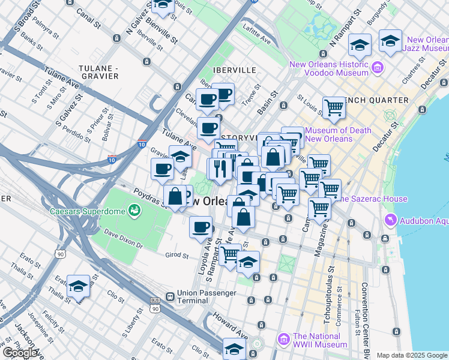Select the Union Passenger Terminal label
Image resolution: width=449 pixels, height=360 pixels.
click(190, 299)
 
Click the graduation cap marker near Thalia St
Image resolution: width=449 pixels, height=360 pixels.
click(78, 287)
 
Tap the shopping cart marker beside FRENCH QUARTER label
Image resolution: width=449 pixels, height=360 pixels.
click(334, 108)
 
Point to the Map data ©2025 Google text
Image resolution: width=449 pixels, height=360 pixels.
click(411, 355)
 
